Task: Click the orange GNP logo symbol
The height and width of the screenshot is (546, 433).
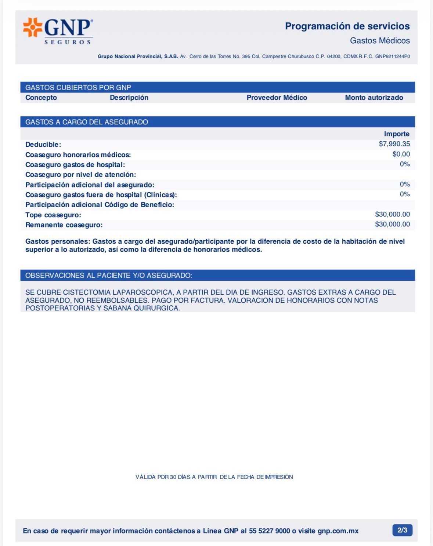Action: (32, 27)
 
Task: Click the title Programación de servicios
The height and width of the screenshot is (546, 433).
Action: (347, 26)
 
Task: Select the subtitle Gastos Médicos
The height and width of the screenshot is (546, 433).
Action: (379, 40)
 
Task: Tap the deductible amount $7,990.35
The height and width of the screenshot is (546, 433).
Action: (394, 144)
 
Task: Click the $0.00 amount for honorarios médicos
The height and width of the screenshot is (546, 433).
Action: (401, 154)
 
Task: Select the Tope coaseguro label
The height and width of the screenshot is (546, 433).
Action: (53, 215)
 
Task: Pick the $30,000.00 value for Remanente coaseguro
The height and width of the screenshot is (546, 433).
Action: (392, 224)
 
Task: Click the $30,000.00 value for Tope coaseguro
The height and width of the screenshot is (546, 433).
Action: (392, 214)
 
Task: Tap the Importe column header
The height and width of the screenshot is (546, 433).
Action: (397, 134)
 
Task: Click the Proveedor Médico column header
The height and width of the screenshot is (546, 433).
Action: (277, 98)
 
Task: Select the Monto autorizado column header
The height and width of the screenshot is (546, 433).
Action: (374, 98)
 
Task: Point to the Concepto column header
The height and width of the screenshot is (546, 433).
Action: (41, 98)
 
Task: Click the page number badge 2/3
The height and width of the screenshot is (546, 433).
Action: (402, 530)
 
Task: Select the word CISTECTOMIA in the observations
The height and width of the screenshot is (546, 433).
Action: (87, 292)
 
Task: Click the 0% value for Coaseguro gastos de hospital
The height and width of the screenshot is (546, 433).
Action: (405, 164)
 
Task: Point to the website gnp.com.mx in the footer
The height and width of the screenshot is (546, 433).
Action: (338, 531)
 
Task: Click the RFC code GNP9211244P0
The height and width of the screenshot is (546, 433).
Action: (392, 57)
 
